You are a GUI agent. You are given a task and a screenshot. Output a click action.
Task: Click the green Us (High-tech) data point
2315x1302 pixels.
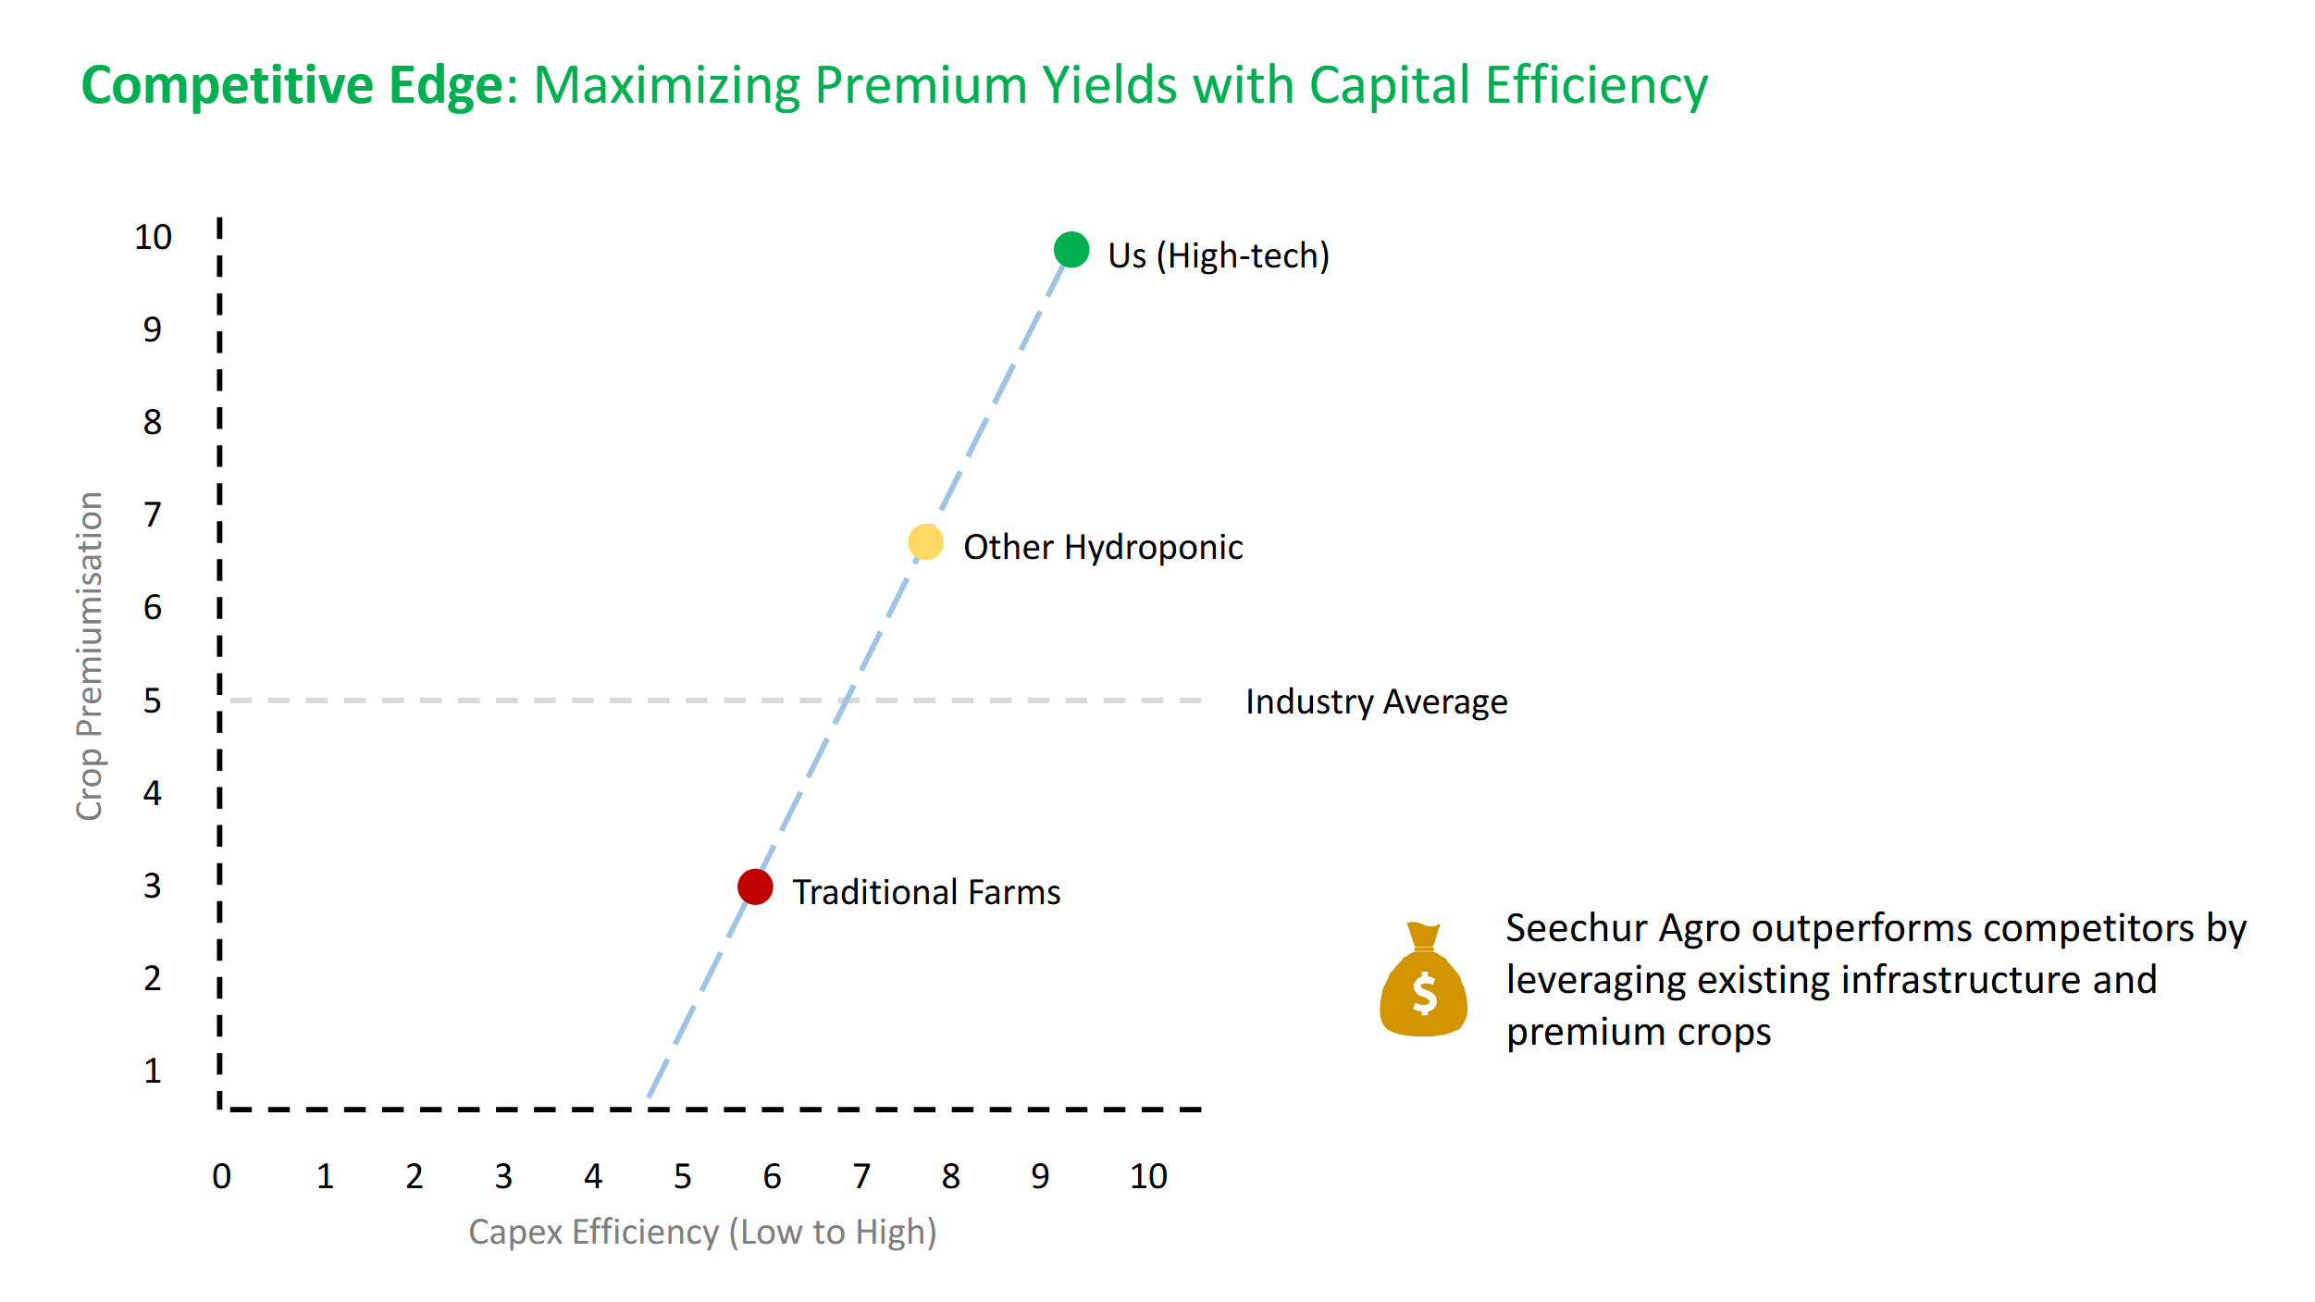click(x=1071, y=250)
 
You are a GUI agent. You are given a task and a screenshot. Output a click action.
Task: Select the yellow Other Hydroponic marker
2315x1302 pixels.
click(x=925, y=542)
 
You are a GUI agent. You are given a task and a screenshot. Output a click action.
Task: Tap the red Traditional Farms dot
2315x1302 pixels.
click(x=755, y=887)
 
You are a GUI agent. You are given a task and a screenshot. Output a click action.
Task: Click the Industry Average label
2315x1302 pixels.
click(x=1376, y=701)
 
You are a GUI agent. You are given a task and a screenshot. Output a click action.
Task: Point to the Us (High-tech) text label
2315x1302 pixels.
click(x=1219, y=255)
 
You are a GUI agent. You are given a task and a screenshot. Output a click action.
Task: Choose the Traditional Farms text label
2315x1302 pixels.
click(x=926, y=892)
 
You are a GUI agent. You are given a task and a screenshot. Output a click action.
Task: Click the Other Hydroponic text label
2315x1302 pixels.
click(x=1103, y=547)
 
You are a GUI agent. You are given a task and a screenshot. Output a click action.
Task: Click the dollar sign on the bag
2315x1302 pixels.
click(x=1425, y=995)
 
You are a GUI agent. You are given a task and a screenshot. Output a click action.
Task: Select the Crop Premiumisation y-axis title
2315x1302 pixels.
click(x=89, y=656)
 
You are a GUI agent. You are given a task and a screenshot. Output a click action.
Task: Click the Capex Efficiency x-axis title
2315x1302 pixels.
click(x=702, y=1233)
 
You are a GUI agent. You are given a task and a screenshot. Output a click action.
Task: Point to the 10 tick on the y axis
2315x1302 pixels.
click(x=153, y=237)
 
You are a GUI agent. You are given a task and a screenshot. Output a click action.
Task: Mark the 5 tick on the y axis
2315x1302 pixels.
click(x=153, y=701)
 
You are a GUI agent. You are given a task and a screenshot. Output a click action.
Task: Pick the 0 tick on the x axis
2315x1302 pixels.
click(x=221, y=1176)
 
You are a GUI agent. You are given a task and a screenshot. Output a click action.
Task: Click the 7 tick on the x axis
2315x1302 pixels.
click(x=861, y=1176)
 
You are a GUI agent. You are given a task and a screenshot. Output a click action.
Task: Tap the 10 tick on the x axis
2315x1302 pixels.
click(x=1148, y=1176)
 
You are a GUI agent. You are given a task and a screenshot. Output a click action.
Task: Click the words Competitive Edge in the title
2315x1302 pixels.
click(x=292, y=85)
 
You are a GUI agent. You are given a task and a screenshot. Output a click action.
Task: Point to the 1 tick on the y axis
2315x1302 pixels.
click(x=153, y=1071)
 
